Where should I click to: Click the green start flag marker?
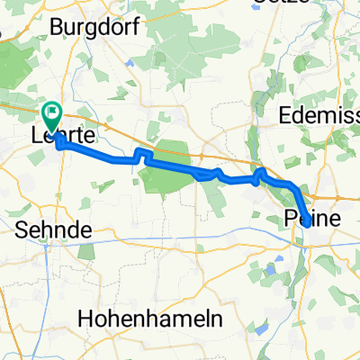click(x=50, y=115)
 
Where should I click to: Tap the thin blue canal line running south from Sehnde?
click(x=67, y=270)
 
